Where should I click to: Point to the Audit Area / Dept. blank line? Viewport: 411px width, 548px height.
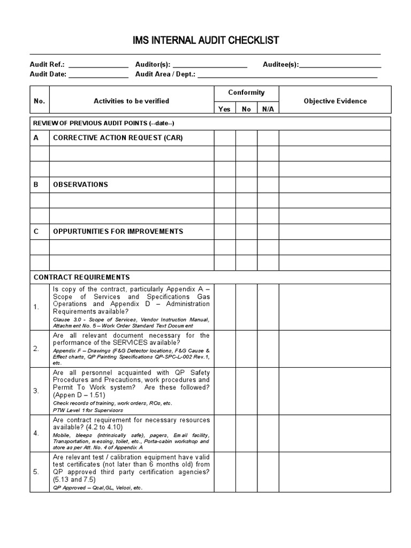pos(287,75)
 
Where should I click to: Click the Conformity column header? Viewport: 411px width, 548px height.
pos(246,93)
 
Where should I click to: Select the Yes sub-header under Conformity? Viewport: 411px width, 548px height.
pos(225,109)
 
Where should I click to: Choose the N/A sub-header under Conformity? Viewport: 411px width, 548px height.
pos(268,109)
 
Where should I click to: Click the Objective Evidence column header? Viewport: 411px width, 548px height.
pos(335,101)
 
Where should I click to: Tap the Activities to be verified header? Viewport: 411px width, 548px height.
pos(131,101)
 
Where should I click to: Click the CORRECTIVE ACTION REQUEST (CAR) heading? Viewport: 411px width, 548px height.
pos(118,138)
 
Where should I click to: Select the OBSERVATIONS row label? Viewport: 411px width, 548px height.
pos(80,185)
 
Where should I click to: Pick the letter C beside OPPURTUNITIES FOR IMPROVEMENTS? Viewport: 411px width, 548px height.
pos(36,232)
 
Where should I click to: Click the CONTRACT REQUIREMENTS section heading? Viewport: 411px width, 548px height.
pos(81,277)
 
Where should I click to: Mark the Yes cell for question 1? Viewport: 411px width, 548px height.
pos(225,307)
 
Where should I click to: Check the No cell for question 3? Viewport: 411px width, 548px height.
pos(246,391)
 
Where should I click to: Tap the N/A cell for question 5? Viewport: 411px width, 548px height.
pos(268,472)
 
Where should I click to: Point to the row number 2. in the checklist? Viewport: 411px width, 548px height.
pos(36,348)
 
